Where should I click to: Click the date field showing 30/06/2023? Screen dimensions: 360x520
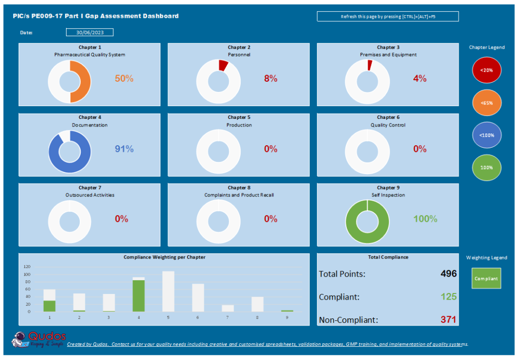(89, 32)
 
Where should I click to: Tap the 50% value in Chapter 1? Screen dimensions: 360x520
(124, 79)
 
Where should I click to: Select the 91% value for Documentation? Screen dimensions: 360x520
(124, 149)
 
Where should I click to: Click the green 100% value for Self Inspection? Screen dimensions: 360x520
(425, 219)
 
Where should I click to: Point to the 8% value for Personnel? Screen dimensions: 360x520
(271, 79)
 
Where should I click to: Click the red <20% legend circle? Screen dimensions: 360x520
(486, 71)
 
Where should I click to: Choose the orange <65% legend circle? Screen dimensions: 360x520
(486, 103)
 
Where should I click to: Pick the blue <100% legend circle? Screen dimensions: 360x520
(486, 135)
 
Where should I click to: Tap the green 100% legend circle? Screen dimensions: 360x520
(486, 167)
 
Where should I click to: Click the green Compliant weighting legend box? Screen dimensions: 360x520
(486, 278)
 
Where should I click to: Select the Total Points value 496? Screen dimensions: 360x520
(448, 274)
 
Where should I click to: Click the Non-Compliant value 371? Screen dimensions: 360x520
(448, 320)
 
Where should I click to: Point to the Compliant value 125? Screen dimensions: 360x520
(448, 297)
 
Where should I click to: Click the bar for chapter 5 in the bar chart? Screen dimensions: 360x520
(168, 291)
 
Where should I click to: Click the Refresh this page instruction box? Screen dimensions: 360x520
(387, 17)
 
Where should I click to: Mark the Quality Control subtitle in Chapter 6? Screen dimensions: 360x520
(387, 125)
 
